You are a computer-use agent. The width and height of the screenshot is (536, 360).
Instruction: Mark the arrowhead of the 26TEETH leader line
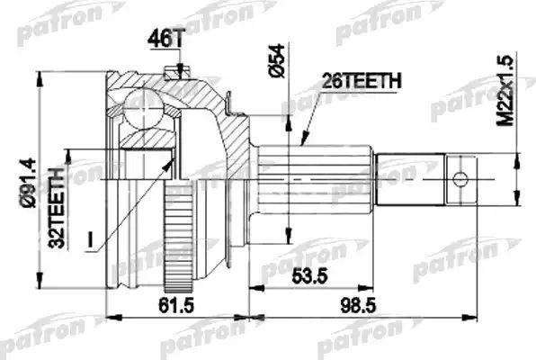[303, 144]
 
